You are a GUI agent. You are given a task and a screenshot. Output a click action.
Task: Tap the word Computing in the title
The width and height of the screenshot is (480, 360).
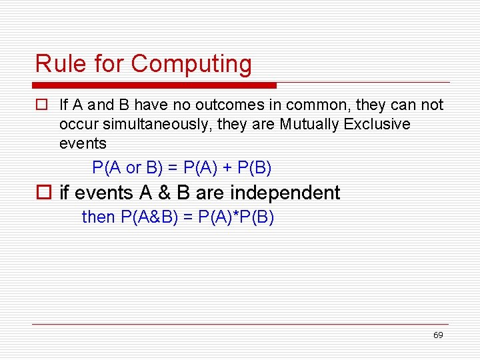pos(191,65)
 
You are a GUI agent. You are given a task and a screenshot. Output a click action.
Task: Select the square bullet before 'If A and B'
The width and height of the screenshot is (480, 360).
pos(41,105)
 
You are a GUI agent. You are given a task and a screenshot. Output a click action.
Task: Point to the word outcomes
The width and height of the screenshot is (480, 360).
pos(223,105)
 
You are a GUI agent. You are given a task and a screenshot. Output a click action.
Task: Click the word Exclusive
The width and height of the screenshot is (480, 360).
pos(377,125)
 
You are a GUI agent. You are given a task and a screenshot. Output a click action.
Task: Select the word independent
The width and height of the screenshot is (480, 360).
pos(285,193)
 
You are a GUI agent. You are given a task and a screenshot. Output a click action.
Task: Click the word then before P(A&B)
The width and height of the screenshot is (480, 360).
pos(99,217)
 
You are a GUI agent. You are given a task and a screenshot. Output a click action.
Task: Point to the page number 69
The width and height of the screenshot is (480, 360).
pos(437,335)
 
